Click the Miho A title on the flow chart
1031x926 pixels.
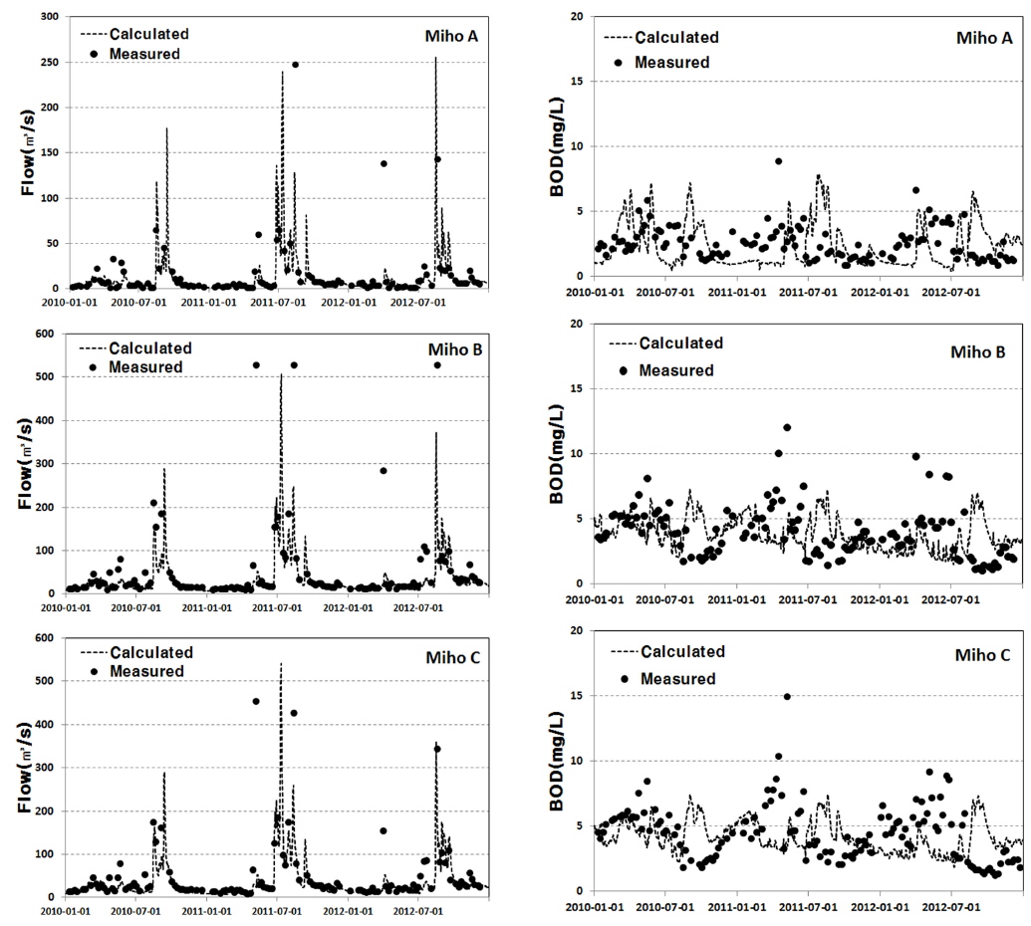453,37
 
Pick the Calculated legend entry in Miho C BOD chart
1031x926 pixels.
681,652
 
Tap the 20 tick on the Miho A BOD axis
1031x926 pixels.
578,17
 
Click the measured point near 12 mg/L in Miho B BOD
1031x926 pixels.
787,428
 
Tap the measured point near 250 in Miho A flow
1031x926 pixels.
295,65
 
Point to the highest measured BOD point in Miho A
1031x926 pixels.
778,161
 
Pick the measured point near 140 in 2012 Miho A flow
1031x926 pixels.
384,163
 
